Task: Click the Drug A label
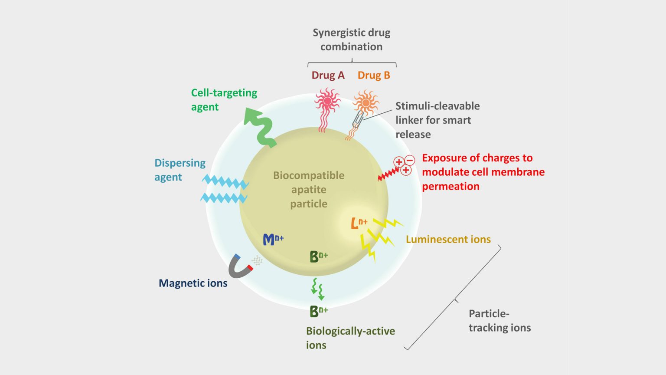click(x=328, y=76)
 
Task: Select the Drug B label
click(x=374, y=76)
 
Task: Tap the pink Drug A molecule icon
click(x=327, y=102)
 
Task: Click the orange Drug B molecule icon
click(x=366, y=103)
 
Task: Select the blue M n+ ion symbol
click(x=273, y=239)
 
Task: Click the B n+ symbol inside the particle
click(x=318, y=257)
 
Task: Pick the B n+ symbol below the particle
click(x=318, y=311)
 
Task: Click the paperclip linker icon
click(x=358, y=118)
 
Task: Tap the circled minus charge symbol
click(x=410, y=161)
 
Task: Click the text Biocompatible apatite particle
click(x=309, y=190)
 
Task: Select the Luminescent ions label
click(x=448, y=240)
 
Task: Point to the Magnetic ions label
click(x=193, y=283)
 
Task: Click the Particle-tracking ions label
click(x=499, y=321)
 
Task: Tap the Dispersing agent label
click(x=180, y=170)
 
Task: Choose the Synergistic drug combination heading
click(x=351, y=39)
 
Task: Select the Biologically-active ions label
click(x=350, y=338)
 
